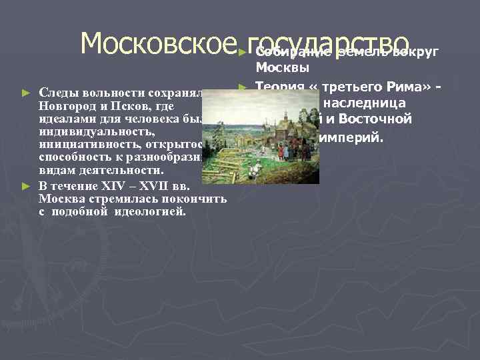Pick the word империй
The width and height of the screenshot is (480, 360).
click(x=351, y=137)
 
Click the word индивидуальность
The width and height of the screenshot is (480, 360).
click(x=96, y=133)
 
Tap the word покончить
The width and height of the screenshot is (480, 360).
click(x=197, y=199)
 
